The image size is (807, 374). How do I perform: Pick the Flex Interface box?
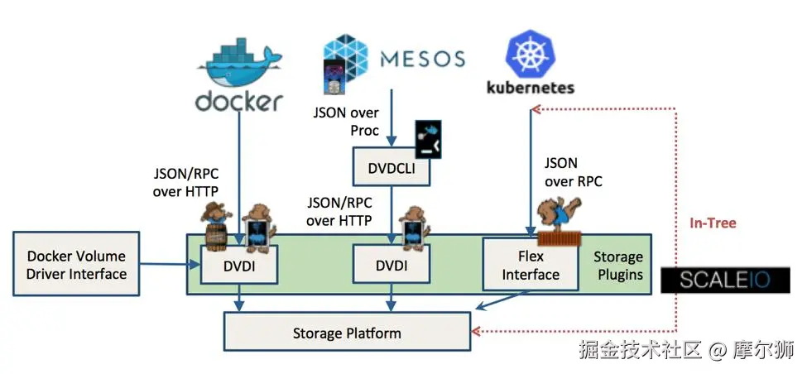[x=531, y=265]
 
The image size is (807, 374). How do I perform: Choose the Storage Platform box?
[x=347, y=333]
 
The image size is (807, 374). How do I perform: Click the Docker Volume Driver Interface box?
[x=77, y=265]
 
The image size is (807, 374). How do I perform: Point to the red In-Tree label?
[x=713, y=223]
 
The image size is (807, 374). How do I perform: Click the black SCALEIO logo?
[x=724, y=280]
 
